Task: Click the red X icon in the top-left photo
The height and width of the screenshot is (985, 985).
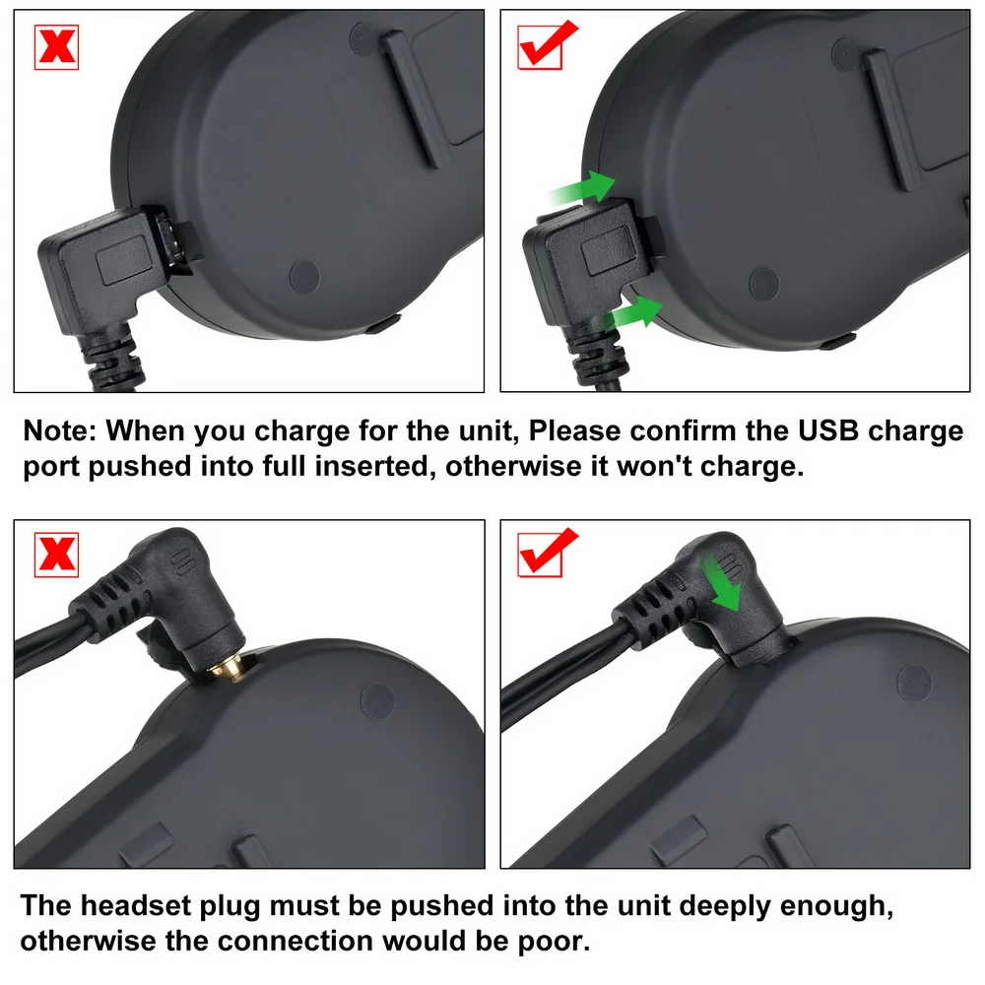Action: [x=56, y=46]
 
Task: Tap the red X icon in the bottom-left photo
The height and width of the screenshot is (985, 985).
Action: [x=56, y=554]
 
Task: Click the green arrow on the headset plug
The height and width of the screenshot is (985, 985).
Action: [x=726, y=580]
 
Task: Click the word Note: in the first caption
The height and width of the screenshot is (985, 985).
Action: [x=59, y=431]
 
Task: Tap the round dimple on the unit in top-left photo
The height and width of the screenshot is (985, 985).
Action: [x=305, y=275]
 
